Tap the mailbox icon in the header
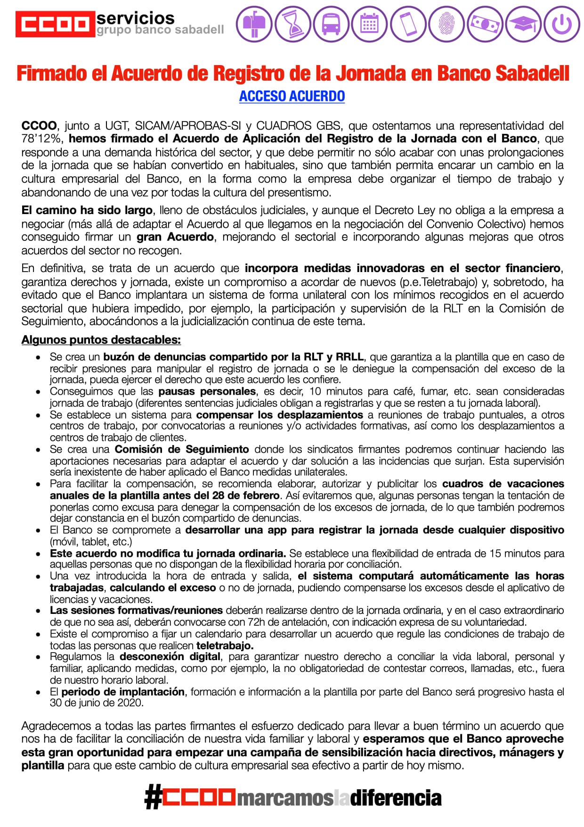click(254, 24)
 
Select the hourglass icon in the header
click(292, 24)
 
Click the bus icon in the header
click(331, 24)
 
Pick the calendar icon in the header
click(370, 24)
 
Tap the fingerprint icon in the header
click(446, 24)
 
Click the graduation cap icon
click(523, 24)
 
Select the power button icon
click(562, 24)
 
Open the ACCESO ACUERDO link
click(292, 96)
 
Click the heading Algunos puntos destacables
click(101, 340)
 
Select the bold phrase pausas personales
click(207, 391)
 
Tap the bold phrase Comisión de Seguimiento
click(182, 449)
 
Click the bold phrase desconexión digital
click(170, 657)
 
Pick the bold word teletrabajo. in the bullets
click(225, 645)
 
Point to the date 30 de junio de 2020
click(96, 703)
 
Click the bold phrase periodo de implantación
click(123, 692)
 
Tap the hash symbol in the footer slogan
click(153, 798)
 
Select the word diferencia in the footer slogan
click(396, 798)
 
